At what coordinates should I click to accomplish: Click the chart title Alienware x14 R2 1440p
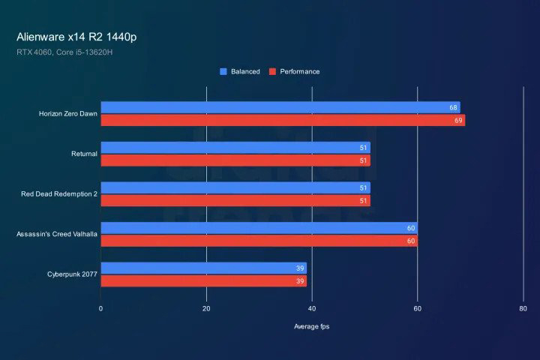(76, 36)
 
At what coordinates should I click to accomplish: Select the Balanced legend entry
(240, 71)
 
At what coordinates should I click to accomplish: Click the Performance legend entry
(294, 71)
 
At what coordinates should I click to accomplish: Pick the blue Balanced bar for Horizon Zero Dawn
(280, 108)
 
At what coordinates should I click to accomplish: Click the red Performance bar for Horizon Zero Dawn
(283, 120)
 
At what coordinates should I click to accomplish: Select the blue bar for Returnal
(235, 148)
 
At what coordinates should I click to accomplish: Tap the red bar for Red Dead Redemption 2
(235, 200)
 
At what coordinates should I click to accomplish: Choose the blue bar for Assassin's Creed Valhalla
(259, 228)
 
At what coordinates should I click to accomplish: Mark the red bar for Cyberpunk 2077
(203, 280)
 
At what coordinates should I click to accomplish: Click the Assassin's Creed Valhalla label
(57, 234)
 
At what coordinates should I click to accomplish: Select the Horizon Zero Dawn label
(68, 114)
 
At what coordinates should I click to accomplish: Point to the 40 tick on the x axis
(312, 308)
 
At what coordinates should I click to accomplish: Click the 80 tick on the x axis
(523, 308)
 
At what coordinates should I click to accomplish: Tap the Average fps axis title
(311, 326)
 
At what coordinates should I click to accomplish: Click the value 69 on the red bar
(458, 120)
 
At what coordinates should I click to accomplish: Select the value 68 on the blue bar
(453, 108)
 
